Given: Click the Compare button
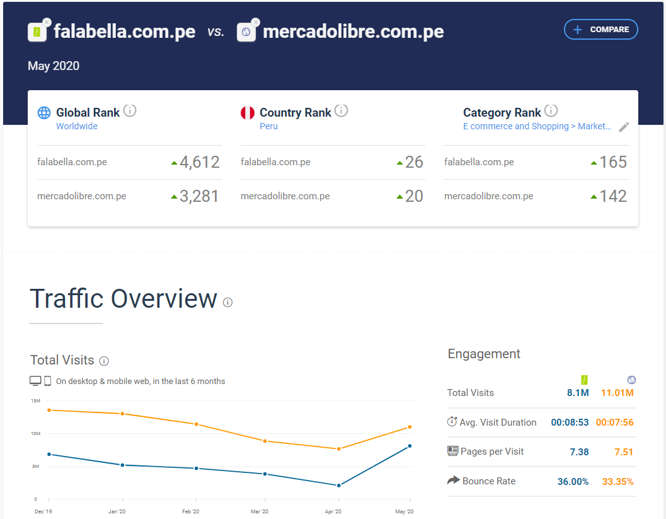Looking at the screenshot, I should click(600, 30).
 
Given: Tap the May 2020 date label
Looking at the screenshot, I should click(54, 66).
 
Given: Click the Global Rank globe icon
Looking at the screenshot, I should click(44, 113).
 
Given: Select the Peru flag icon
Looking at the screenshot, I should click(248, 113).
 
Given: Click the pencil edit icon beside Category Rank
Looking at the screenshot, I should click(624, 127).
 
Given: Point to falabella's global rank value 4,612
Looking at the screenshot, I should click(199, 163).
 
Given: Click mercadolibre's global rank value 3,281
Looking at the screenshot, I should click(199, 197).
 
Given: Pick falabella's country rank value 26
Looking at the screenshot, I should click(414, 163).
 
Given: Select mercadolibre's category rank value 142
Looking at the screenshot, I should click(613, 197).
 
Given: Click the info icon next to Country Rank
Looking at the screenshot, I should click(341, 111).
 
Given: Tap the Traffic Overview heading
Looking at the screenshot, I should click(123, 299).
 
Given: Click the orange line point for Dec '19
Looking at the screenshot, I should click(49, 410).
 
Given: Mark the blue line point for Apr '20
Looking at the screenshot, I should click(339, 486).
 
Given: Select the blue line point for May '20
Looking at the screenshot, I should click(410, 446).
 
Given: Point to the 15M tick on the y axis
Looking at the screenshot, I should click(35, 401).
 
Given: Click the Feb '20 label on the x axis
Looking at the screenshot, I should click(191, 511).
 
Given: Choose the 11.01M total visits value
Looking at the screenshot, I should click(617, 393).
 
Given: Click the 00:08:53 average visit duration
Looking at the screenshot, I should click(570, 423).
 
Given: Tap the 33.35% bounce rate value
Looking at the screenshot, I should click(617, 482).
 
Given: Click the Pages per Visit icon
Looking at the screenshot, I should click(452, 452).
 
